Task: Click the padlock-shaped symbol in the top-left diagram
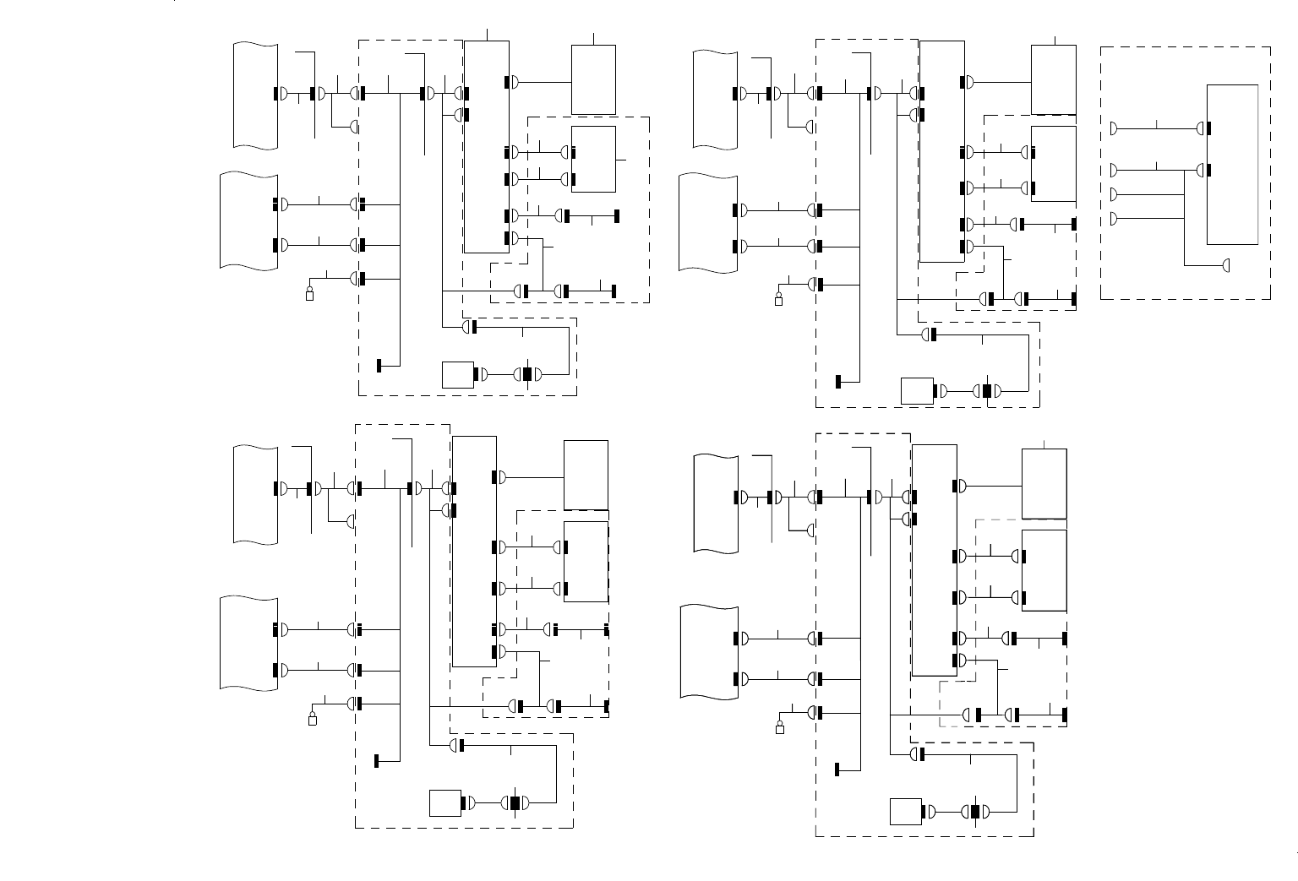[309, 293]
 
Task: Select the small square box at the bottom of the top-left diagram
[458, 374]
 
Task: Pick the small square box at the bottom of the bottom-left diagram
[445, 802]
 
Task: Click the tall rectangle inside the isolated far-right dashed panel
[1233, 165]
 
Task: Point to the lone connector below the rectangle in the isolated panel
[1226, 266]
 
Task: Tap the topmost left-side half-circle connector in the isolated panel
[1114, 128]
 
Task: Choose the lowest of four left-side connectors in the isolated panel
[1114, 219]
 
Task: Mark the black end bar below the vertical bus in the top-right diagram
[838, 381]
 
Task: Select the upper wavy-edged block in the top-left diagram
[256, 95]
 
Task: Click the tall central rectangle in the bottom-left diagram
[474, 552]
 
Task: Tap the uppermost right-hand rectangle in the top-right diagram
[1053, 79]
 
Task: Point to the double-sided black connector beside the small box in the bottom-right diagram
[975, 812]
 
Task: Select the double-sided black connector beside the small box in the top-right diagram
[986, 391]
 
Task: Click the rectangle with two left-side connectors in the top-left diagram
[593, 159]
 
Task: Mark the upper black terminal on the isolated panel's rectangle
[1209, 128]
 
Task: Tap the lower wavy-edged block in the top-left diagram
[249, 221]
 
